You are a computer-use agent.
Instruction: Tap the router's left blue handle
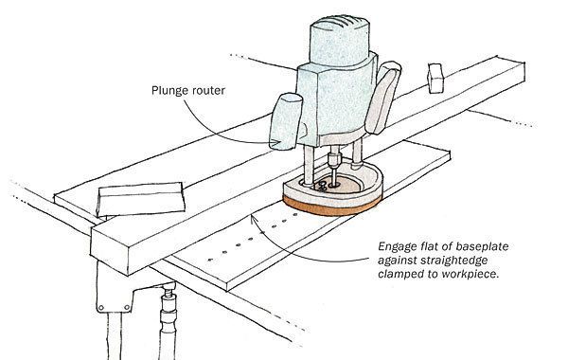[x=286, y=122]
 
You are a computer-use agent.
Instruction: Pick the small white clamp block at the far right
[x=436, y=77]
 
